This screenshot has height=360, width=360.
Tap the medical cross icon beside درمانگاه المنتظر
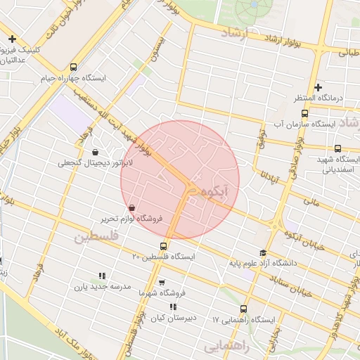(x=318, y=88)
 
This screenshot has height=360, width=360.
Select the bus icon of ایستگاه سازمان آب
(x=304, y=113)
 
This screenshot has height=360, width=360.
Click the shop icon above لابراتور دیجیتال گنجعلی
(x=95, y=152)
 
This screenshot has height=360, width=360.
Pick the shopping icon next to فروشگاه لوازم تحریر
(x=133, y=207)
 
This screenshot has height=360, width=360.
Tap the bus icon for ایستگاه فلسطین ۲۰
(x=164, y=246)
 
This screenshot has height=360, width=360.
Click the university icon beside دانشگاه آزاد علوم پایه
(x=263, y=253)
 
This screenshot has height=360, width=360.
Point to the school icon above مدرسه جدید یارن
(x=102, y=276)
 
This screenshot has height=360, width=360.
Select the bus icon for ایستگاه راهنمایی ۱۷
(x=244, y=309)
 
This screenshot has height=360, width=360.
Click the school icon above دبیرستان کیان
(x=173, y=307)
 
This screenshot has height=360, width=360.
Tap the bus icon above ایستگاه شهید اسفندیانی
(x=338, y=148)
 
